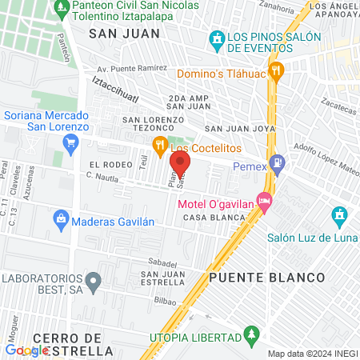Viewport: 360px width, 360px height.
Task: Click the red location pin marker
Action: (180, 162)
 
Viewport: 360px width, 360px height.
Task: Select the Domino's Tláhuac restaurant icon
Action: (276, 70)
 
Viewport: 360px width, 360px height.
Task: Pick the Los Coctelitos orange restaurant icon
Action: (159, 145)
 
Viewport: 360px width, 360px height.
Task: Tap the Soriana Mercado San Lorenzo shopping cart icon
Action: (71, 142)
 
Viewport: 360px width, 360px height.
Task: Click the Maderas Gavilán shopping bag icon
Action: (61, 218)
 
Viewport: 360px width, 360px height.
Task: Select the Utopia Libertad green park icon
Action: (251, 332)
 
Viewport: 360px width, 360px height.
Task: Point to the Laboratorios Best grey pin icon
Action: (94, 281)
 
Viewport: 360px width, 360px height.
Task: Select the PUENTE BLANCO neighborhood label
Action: (267, 278)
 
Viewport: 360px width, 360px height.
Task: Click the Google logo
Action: (26, 350)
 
